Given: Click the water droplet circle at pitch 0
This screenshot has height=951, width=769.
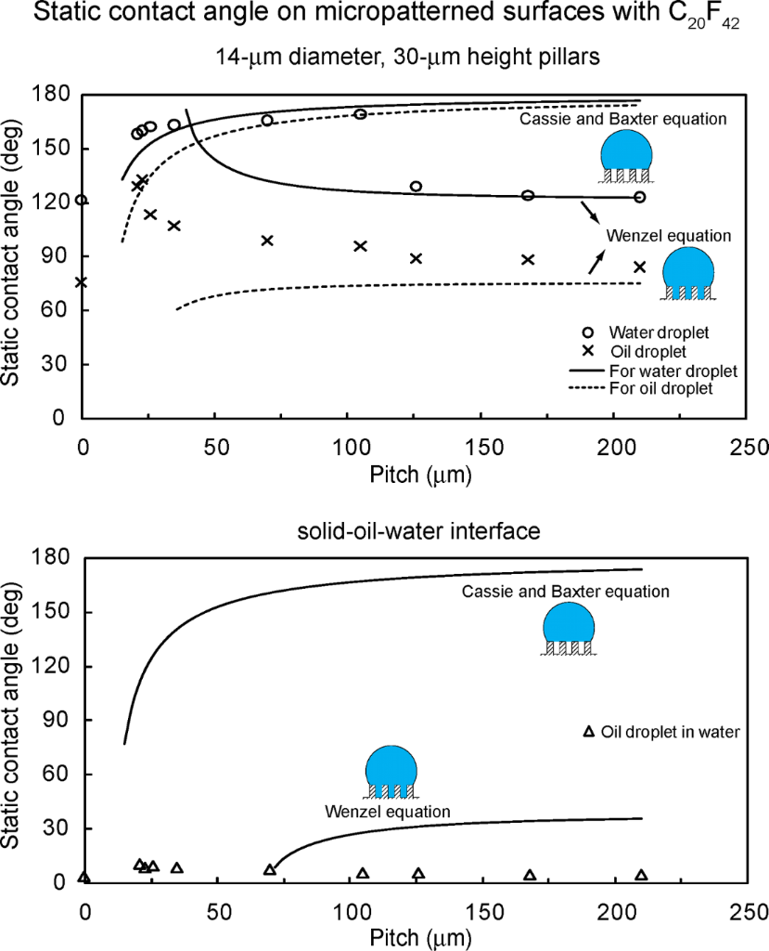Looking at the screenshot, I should pyautogui.click(x=82, y=200).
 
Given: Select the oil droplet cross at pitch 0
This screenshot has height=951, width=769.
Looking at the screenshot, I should pyautogui.click(x=82, y=282).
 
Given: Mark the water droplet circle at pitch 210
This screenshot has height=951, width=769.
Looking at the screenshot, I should pyautogui.click(x=640, y=197).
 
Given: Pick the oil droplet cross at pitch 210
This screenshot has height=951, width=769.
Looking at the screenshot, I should pyautogui.click(x=640, y=267).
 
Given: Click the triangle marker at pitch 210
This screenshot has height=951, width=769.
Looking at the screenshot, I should pyautogui.click(x=641, y=875).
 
